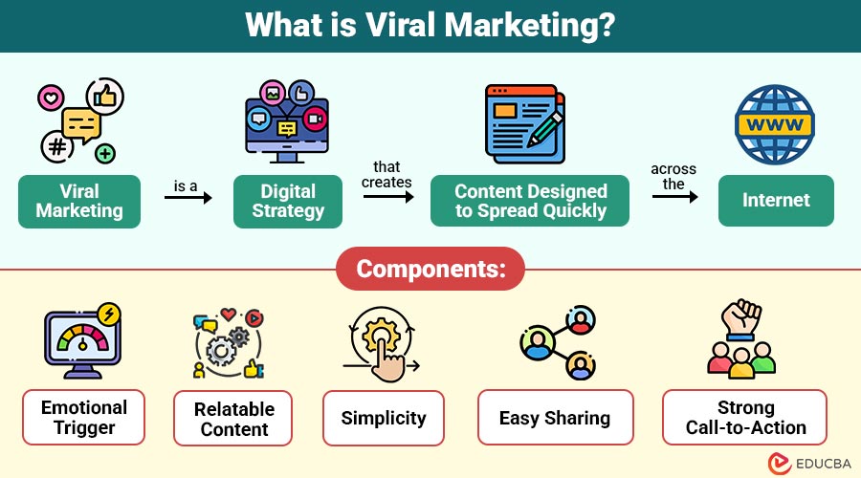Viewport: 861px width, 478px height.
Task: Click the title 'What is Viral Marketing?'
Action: (x=430, y=25)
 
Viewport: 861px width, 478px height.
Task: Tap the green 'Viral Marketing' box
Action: (x=79, y=201)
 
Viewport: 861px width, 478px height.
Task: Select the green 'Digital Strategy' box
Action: (x=288, y=201)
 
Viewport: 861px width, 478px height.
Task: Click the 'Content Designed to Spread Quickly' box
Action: (x=530, y=201)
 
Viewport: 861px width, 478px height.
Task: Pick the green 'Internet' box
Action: (x=776, y=201)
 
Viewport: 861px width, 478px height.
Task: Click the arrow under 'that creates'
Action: (x=387, y=198)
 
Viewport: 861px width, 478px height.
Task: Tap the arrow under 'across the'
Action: (x=674, y=198)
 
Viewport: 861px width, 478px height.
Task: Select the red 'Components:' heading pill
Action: (x=430, y=269)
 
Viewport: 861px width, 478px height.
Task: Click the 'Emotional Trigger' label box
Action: (x=84, y=417)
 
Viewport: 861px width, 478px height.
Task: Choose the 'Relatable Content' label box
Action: (x=233, y=419)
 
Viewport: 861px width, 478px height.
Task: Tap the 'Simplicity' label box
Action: (x=384, y=418)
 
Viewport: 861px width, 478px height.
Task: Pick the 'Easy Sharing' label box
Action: (x=555, y=418)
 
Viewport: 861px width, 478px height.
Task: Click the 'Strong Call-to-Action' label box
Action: (x=746, y=418)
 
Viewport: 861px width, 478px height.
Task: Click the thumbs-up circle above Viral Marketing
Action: (x=104, y=95)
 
